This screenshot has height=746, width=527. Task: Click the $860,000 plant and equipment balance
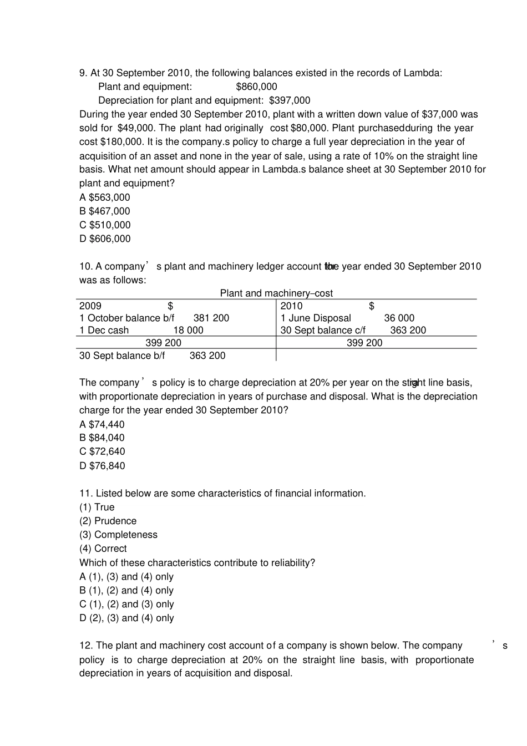click(x=256, y=87)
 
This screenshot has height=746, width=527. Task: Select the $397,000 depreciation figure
click(x=290, y=100)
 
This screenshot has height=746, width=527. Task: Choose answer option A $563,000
click(x=105, y=197)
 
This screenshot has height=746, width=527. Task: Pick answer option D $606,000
click(x=105, y=239)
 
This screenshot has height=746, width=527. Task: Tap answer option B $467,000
click(x=105, y=211)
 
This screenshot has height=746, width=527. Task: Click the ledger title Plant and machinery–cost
click(x=276, y=293)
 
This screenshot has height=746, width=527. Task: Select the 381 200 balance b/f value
click(x=211, y=318)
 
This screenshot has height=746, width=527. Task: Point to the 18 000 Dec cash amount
click(x=188, y=331)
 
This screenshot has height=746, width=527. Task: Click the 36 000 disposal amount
click(x=399, y=318)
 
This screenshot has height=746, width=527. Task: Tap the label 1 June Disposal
click(x=316, y=318)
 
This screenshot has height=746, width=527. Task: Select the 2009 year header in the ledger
click(x=90, y=306)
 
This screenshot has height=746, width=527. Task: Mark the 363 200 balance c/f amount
click(x=408, y=331)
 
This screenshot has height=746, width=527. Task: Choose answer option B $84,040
click(x=102, y=438)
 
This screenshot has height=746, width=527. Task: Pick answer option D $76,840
click(x=102, y=466)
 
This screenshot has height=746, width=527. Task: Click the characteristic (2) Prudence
click(x=108, y=521)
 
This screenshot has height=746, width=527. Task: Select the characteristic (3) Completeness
click(x=118, y=535)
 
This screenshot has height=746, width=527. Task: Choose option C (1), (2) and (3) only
click(x=126, y=605)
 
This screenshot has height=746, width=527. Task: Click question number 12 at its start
click(x=85, y=646)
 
